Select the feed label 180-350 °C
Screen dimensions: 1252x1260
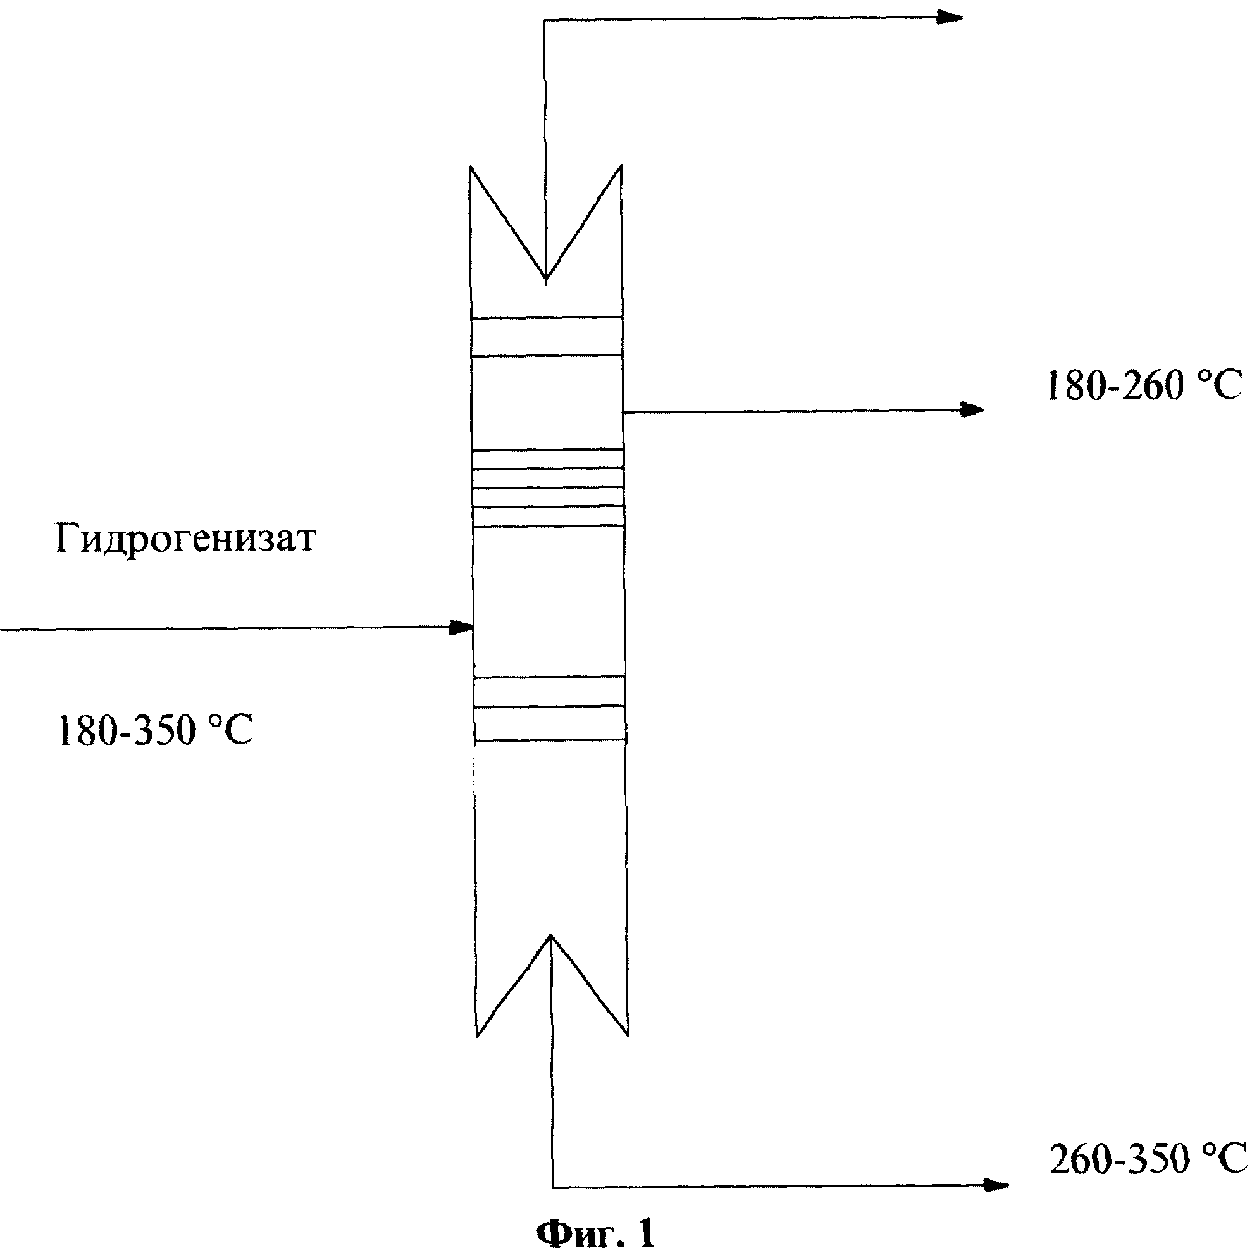click(x=155, y=730)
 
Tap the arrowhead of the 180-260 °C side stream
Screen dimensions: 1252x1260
click(x=971, y=409)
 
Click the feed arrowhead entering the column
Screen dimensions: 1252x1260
click(x=462, y=628)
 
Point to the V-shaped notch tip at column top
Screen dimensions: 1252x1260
click(x=546, y=279)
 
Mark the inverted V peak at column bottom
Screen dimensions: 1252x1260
click(x=551, y=938)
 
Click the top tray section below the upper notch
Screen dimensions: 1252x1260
click(x=547, y=337)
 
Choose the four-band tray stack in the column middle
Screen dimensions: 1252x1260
click(x=548, y=488)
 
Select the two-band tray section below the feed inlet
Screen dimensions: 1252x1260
click(x=550, y=709)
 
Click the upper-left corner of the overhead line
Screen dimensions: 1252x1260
click(x=545, y=20)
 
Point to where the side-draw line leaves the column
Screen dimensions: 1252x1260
click(x=623, y=412)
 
